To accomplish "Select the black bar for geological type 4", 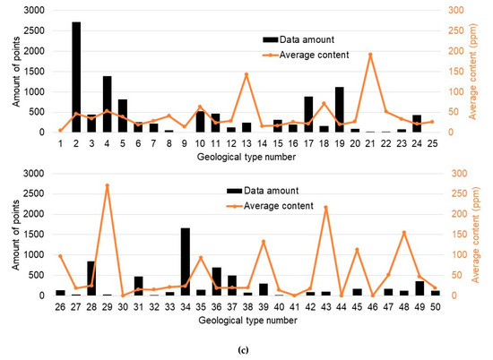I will [x=108, y=105].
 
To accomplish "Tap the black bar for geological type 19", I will [x=339, y=110].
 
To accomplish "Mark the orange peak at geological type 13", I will [x=246, y=74].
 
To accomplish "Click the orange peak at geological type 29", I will [x=108, y=185].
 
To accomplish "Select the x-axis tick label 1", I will [x=61, y=142].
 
